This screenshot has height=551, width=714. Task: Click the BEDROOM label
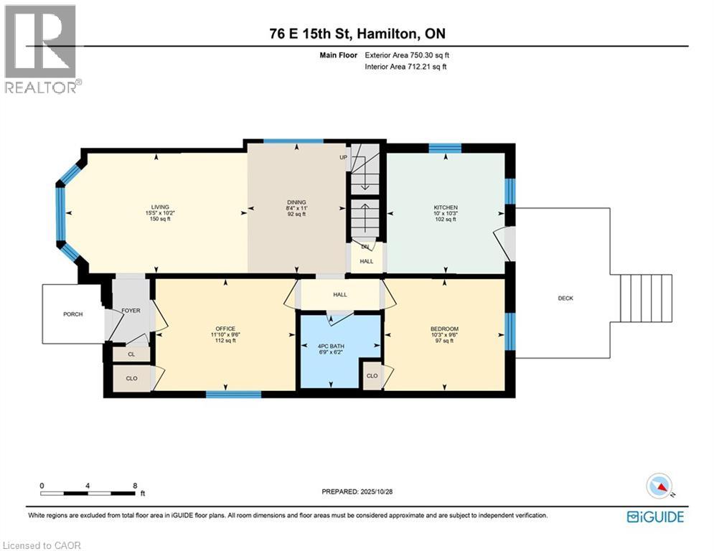click(444, 329)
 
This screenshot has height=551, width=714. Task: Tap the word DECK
click(565, 298)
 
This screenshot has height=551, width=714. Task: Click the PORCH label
click(72, 313)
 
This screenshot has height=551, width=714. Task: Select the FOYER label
click(131, 311)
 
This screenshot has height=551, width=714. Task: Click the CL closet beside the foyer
click(130, 354)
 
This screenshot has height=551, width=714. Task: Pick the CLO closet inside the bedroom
click(372, 376)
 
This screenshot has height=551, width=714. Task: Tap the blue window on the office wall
click(233, 394)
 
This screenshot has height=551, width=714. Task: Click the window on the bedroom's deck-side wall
click(509, 331)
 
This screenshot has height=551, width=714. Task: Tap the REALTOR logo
click(42, 48)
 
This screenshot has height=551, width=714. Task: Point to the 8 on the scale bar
click(135, 486)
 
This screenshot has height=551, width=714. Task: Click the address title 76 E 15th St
click(356, 34)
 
